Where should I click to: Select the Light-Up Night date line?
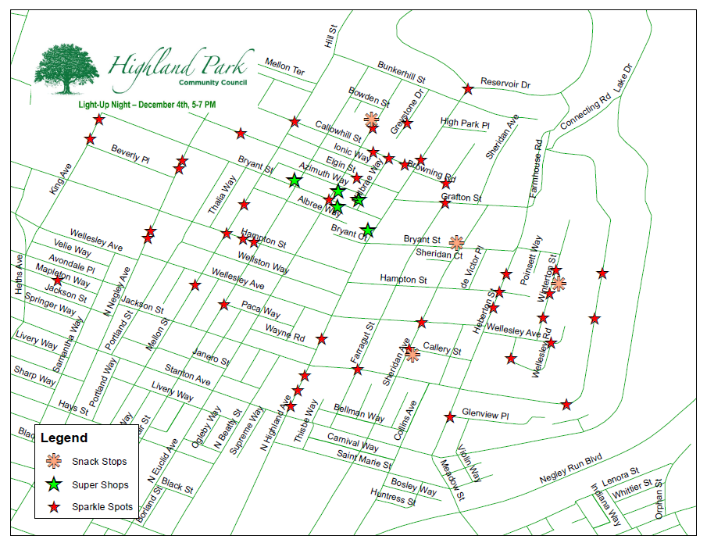147,104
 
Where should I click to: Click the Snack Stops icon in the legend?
53,461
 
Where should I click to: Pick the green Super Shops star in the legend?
53,484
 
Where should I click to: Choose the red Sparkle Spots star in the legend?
53,507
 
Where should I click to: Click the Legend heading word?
64,438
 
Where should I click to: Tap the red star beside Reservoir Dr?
468,89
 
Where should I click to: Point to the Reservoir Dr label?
505,83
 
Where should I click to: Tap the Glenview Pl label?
485,415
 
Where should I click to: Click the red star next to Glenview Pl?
450,417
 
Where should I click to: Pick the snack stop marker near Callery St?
412,355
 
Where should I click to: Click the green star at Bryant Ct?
367,230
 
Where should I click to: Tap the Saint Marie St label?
364,459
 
